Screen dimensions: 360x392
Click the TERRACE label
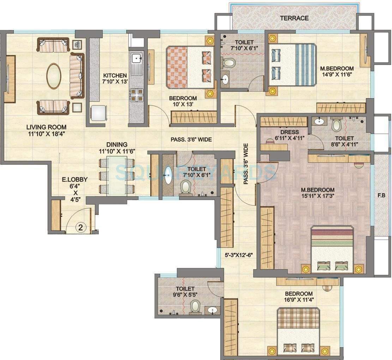[294, 18]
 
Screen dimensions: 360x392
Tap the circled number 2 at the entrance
[80, 228]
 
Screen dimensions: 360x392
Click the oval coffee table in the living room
[54, 76]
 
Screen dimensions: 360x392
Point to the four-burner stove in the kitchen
[137, 94]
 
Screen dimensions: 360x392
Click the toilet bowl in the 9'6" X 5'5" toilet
[195, 307]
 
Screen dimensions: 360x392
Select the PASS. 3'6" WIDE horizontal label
[191, 139]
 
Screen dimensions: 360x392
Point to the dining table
[117, 175]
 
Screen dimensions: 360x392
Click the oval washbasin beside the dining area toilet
[168, 175]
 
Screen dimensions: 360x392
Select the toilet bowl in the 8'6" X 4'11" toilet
[336, 125]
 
